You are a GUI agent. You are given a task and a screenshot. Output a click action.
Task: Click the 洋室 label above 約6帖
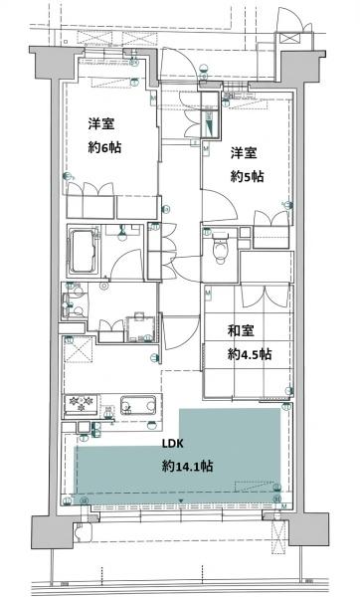pos(97,124)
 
